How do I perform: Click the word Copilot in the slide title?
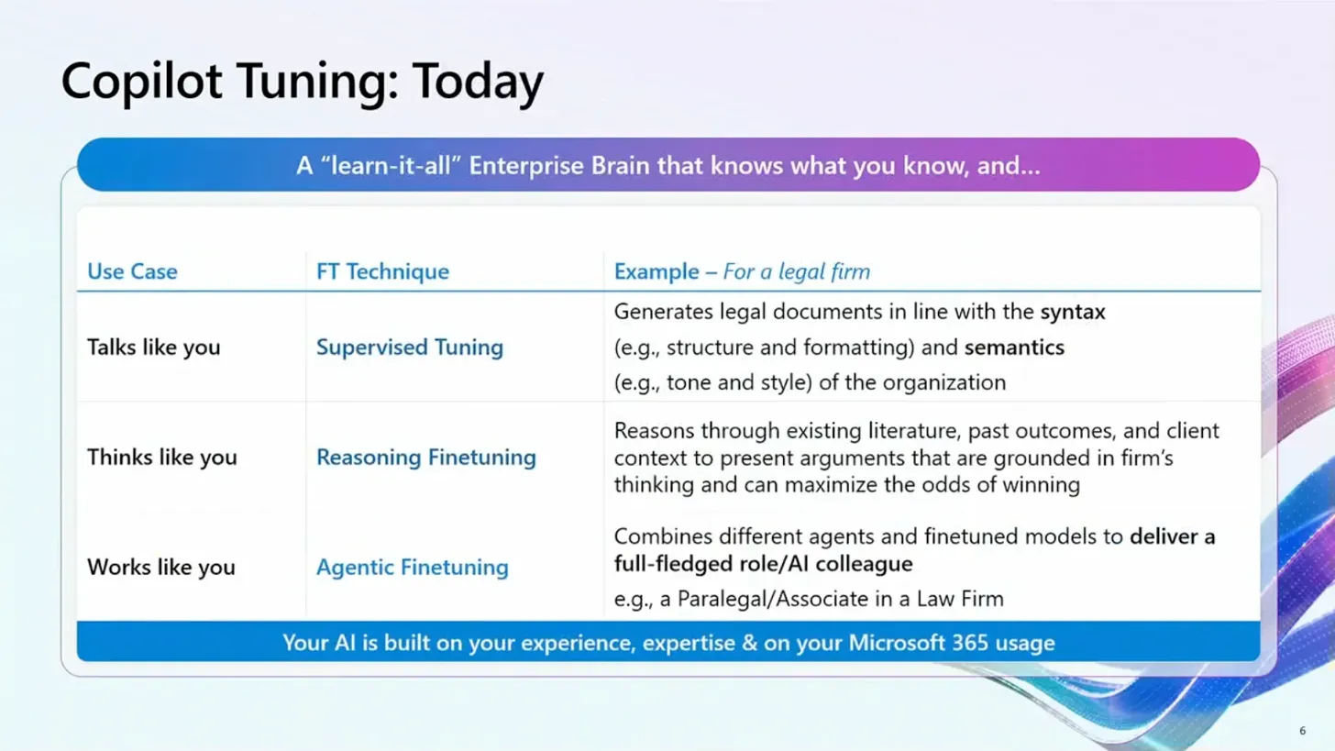[x=141, y=81]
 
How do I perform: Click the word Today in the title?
[x=478, y=81]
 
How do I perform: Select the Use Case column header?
[x=132, y=271]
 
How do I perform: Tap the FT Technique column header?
[x=382, y=271]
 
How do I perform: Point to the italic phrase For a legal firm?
[x=796, y=271]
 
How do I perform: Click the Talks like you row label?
[x=154, y=347]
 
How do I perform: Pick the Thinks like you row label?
[x=162, y=458]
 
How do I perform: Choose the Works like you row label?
[x=161, y=567]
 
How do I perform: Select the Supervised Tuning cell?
[x=410, y=347]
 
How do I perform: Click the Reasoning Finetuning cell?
[x=426, y=458]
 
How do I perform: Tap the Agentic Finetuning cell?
[x=413, y=567]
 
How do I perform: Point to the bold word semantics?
[x=1014, y=348]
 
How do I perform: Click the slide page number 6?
[x=1302, y=731]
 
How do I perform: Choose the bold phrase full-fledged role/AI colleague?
[x=764, y=564]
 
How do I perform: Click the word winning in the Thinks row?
[x=1041, y=485]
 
